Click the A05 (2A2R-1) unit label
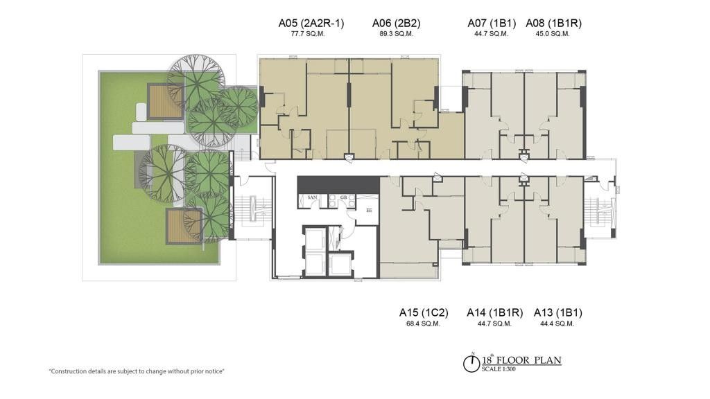311,23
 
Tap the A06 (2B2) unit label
396,23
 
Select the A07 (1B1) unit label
492,23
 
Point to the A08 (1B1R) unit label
553,23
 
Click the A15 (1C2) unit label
424,312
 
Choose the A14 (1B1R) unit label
494,312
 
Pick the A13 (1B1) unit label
558,312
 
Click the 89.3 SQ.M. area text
396,34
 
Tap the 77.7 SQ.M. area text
308,34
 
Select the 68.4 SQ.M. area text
424,324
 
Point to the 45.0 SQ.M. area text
553,34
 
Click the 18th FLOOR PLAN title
521,360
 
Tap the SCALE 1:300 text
499,369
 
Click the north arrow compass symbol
471,363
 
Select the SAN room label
312,197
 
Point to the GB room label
344,197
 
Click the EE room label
369,211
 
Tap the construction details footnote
137,371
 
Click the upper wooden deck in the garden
165,101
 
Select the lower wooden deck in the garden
183,227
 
